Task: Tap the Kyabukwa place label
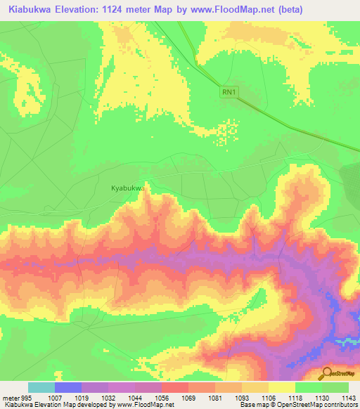tap(128, 188)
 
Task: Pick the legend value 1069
tap(188, 397)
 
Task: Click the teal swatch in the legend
tap(41, 387)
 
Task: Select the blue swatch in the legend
tap(68, 387)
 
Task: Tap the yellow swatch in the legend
tap(281, 387)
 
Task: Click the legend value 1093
tap(241, 397)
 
